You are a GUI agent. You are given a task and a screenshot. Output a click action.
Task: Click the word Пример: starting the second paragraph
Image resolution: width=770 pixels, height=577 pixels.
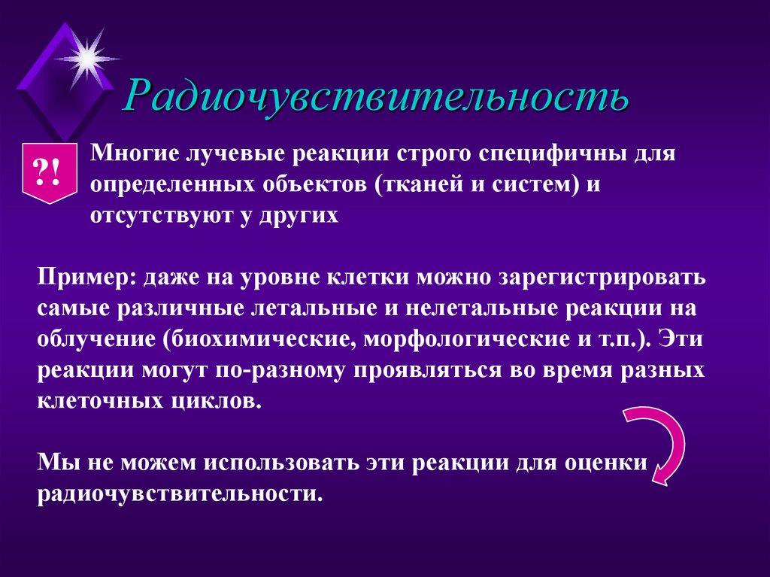pyautogui.click(x=83, y=276)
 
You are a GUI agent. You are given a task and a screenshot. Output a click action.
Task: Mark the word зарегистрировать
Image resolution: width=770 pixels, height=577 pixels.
pyautogui.click(x=602, y=276)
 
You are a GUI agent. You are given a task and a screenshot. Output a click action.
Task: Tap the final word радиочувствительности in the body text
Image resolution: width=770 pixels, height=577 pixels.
pyautogui.click(x=180, y=493)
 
